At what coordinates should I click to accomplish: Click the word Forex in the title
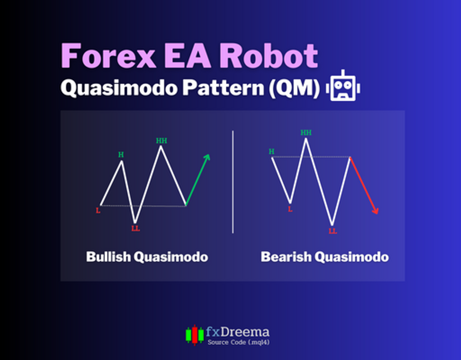(109, 56)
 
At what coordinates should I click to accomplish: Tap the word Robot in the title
(269, 56)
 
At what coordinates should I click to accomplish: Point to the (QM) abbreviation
(294, 88)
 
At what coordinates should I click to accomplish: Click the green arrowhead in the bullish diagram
(207, 157)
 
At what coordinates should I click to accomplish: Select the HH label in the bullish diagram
(162, 141)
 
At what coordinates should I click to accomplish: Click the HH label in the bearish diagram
(306, 133)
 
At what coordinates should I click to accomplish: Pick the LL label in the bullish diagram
(136, 229)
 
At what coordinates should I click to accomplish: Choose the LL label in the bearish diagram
(333, 231)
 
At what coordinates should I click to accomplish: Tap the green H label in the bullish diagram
(121, 155)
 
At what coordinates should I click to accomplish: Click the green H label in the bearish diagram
(272, 152)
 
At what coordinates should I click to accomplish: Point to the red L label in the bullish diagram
(98, 211)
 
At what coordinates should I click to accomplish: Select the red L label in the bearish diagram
(290, 209)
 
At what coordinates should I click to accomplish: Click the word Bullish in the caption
(108, 257)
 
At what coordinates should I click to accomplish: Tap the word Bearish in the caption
(286, 257)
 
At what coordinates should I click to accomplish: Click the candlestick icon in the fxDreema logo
(195, 335)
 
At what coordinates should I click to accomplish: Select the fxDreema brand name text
(237, 332)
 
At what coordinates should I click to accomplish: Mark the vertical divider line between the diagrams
(233, 182)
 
